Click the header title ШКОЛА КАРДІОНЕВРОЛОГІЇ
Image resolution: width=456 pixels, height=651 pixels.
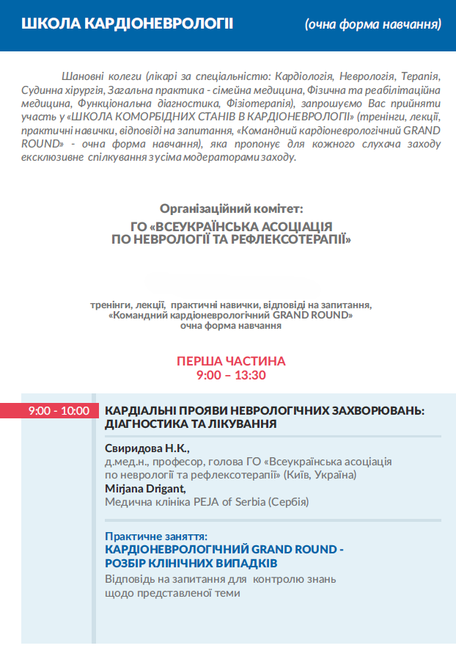[x=128, y=24]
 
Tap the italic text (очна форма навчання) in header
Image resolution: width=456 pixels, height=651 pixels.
[x=373, y=25]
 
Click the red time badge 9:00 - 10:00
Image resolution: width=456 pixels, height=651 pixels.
[x=59, y=411]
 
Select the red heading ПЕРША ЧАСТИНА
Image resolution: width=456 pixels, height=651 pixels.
[x=231, y=361]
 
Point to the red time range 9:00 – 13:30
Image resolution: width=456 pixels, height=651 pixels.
[x=231, y=375]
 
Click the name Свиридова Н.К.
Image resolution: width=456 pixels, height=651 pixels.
[x=147, y=448]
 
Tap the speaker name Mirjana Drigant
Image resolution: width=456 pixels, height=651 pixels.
[x=145, y=488]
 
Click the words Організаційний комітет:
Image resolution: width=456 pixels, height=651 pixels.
[x=231, y=208]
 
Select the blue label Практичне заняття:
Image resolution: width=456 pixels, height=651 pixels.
[x=156, y=537]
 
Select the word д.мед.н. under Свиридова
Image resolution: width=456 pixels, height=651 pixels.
[x=124, y=462]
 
